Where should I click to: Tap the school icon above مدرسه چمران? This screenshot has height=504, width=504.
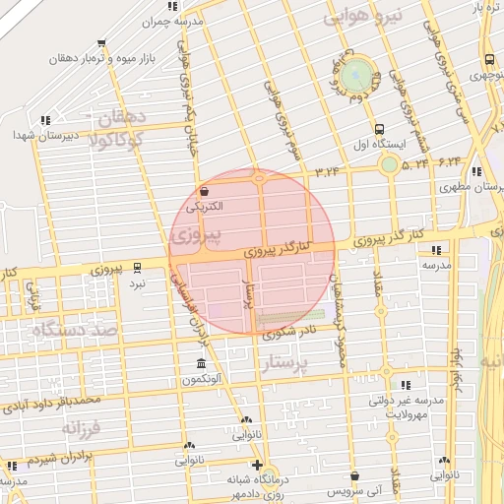(x=173, y=6)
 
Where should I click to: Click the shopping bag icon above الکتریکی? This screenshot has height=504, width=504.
(x=204, y=192)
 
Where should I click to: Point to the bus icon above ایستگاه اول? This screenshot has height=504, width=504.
(x=379, y=129)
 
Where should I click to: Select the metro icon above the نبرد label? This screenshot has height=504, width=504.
(x=137, y=267)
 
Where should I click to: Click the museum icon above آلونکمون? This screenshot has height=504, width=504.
(x=202, y=364)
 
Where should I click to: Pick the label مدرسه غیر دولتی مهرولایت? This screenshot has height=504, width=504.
(x=407, y=408)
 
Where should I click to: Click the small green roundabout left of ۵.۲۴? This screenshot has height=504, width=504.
(x=390, y=164)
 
